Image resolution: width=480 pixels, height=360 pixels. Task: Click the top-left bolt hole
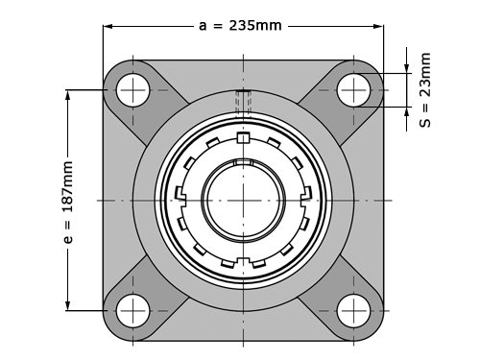click(x=132, y=90)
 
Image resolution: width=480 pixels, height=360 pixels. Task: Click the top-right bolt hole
click(x=353, y=90)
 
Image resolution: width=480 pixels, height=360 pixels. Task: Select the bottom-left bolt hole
click(x=132, y=311)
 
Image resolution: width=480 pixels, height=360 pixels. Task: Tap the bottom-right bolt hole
click(x=353, y=311)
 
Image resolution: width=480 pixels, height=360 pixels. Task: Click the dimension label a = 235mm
click(x=240, y=26)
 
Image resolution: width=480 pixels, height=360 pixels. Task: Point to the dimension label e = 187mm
click(x=68, y=203)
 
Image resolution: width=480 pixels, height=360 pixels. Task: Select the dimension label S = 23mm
click(x=425, y=90)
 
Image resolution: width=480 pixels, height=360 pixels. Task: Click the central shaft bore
click(x=243, y=201)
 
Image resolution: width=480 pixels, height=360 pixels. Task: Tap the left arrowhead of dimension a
click(x=108, y=26)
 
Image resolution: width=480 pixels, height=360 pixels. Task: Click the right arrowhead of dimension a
click(x=378, y=26)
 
